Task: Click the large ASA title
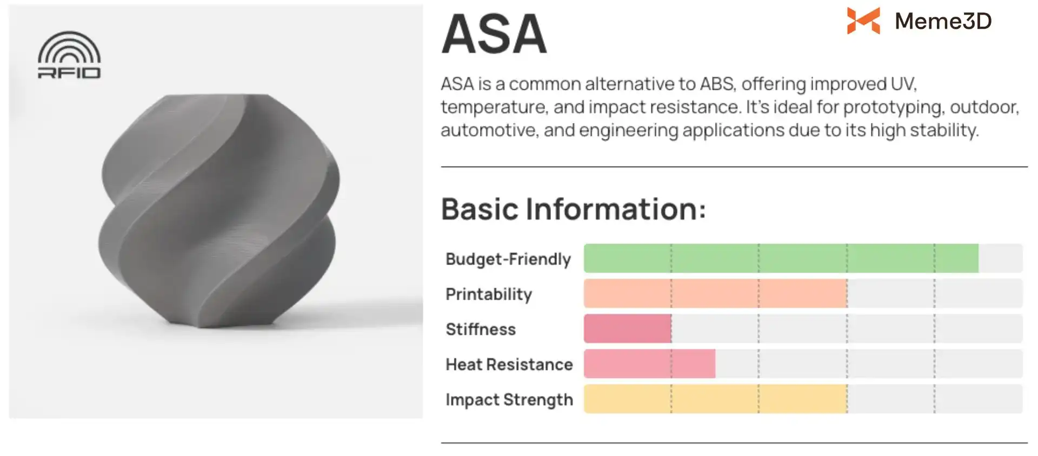(x=494, y=34)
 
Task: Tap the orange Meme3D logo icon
(x=863, y=21)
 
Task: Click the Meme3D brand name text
(x=943, y=21)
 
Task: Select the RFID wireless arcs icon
(x=69, y=47)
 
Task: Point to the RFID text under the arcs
(x=69, y=72)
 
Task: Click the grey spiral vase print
(x=219, y=211)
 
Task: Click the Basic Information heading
(x=574, y=209)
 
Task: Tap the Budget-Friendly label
(x=508, y=259)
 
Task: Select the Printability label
(x=489, y=294)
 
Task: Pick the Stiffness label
(x=481, y=329)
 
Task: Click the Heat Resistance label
(x=509, y=365)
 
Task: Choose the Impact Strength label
(x=509, y=400)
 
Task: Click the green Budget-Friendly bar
(x=781, y=258)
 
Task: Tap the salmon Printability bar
(x=715, y=293)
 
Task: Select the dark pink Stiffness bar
(x=628, y=328)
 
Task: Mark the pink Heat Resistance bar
(x=649, y=364)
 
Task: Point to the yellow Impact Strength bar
(x=715, y=399)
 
